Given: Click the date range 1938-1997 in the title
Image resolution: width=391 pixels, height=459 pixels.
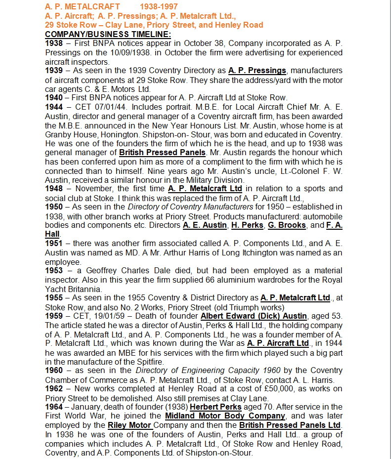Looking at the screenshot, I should [x=159, y=6].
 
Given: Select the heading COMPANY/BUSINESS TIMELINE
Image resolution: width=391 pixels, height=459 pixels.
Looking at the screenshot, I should [x=108, y=34].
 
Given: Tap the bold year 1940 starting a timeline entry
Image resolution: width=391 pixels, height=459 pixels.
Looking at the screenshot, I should [x=54, y=98].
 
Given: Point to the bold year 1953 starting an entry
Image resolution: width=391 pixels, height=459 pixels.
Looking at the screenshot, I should [x=54, y=271].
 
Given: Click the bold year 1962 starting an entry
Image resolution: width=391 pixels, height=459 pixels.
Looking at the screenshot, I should [x=54, y=389].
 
